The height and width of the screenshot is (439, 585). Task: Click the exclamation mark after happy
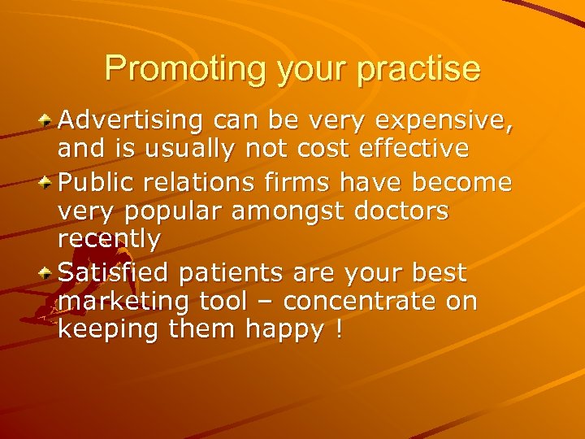[337, 331]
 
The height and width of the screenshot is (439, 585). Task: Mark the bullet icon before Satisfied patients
[48, 272]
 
